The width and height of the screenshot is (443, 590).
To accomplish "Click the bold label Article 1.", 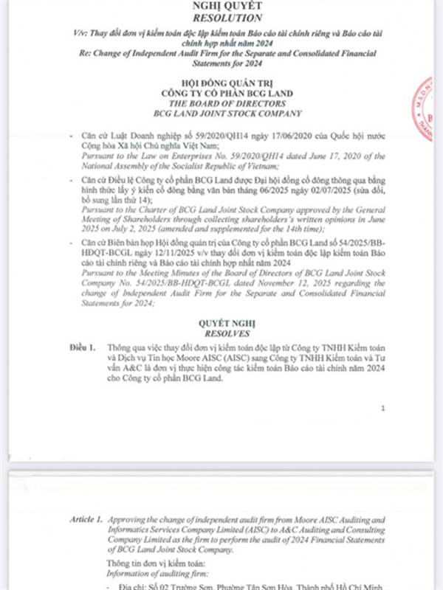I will tap(87, 520).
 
